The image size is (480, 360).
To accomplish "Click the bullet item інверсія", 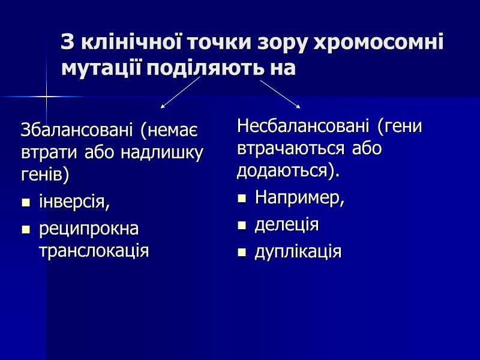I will (x=74, y=202).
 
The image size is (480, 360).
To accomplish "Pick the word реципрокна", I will (x=88, y=229).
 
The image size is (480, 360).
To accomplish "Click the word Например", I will (x=299, y=197).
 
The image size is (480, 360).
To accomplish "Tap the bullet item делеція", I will (x=287, y=225).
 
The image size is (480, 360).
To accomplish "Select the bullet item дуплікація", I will (x=298, y=251).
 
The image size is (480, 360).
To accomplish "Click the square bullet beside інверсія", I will (x=25, y=204).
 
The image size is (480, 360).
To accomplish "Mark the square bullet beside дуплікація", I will (x=242, y=253).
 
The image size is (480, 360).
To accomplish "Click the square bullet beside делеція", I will (x=242, y=226).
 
